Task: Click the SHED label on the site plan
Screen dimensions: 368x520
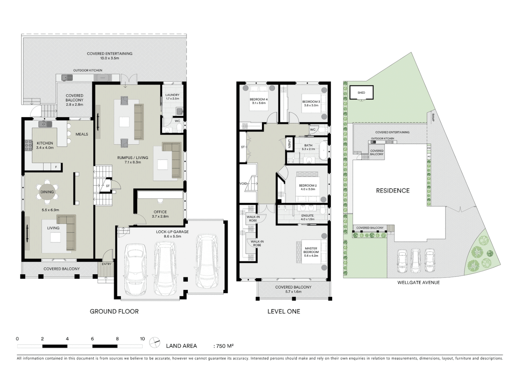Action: (361, 93)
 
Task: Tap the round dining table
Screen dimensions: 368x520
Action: (47, 192)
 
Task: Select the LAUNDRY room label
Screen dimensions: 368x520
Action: (172, 95)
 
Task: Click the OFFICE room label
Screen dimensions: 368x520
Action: (160, 212)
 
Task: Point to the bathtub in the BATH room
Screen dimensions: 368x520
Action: (323, 151)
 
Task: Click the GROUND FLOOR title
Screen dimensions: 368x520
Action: (114, 311)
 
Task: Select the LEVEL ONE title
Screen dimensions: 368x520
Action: (283, 311)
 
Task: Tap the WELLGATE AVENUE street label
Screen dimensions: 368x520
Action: (418, 282)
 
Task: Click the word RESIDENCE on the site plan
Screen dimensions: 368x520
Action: (392, 191)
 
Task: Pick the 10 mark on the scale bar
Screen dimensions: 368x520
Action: (142, 339)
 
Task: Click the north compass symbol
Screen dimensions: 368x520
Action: (155, 342)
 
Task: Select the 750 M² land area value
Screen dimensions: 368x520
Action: (225, 346)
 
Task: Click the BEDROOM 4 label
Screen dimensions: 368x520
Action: (259, 99)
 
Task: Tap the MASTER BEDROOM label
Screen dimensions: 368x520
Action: (311, 250)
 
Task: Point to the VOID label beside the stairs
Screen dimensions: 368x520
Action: (243, 184)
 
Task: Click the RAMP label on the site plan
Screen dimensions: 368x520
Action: (433, 117)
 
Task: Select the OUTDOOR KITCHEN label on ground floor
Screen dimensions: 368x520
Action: (88, 71)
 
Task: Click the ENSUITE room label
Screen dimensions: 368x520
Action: (307, 216)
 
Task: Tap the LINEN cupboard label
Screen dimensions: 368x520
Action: (289, 144)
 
